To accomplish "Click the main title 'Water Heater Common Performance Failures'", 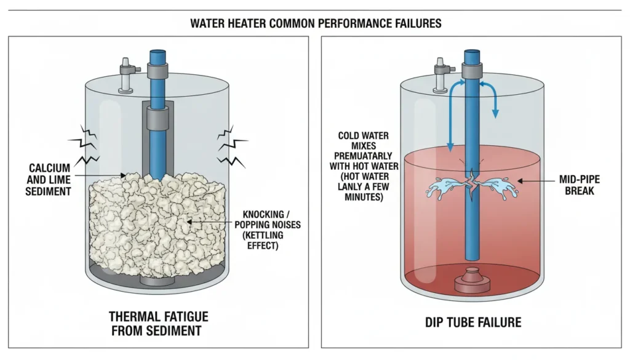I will [x=315, y=23].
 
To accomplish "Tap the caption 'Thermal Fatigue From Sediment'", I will [x=158, y=324].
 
